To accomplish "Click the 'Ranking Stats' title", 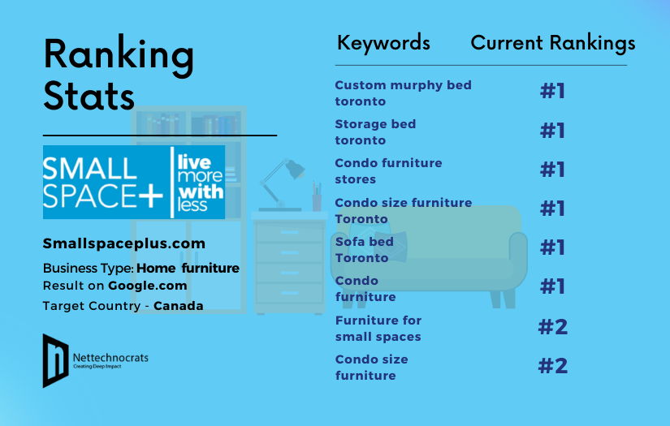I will click(119, 75).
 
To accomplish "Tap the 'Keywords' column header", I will click(383, 42).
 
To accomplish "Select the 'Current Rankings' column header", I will click(553, 42).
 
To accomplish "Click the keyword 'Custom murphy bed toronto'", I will click(403, 93).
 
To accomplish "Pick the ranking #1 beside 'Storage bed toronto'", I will click(553, 131).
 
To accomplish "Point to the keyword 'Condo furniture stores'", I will click(388, 171).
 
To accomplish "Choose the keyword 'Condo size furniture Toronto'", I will click(403, 211).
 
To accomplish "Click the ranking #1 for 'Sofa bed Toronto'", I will click(553, 247).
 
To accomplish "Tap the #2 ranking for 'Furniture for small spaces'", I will click(553, 327).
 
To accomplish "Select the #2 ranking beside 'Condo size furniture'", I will click(553, 366).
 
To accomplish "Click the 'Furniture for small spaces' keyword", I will click(378, 329).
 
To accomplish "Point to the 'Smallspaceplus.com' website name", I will click(124, 243).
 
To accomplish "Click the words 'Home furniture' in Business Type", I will click(188, 268).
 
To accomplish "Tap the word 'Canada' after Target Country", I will click(179, 306).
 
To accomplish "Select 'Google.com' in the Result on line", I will click(148, 286).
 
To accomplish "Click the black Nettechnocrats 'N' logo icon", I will click(55, 359).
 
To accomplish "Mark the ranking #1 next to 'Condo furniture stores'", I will click(553, 170).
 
